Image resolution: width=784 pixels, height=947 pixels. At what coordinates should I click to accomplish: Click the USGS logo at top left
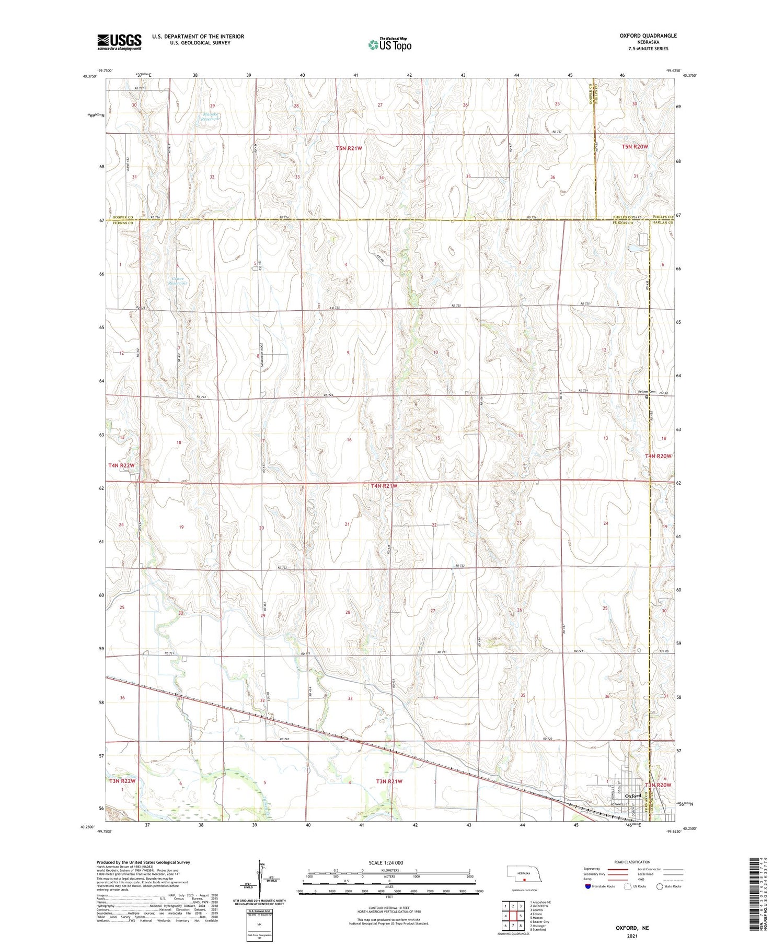pos(119,42)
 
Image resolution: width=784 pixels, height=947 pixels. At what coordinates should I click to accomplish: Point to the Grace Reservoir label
pos(179,280)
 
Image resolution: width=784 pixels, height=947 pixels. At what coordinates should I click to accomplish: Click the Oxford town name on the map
pos(633,796)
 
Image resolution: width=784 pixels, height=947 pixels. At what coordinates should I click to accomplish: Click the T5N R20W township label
pos(635,147)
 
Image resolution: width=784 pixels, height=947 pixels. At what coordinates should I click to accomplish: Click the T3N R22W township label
pos(122,781)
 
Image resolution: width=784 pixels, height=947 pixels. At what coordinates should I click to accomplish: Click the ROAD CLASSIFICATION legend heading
pos(632,862)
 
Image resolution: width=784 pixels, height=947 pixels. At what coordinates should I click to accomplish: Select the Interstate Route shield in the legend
pos(588,886)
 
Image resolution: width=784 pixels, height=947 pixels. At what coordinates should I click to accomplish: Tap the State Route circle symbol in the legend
pos(660,886)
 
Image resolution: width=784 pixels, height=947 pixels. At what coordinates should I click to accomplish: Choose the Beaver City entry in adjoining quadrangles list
pos(539,922)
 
